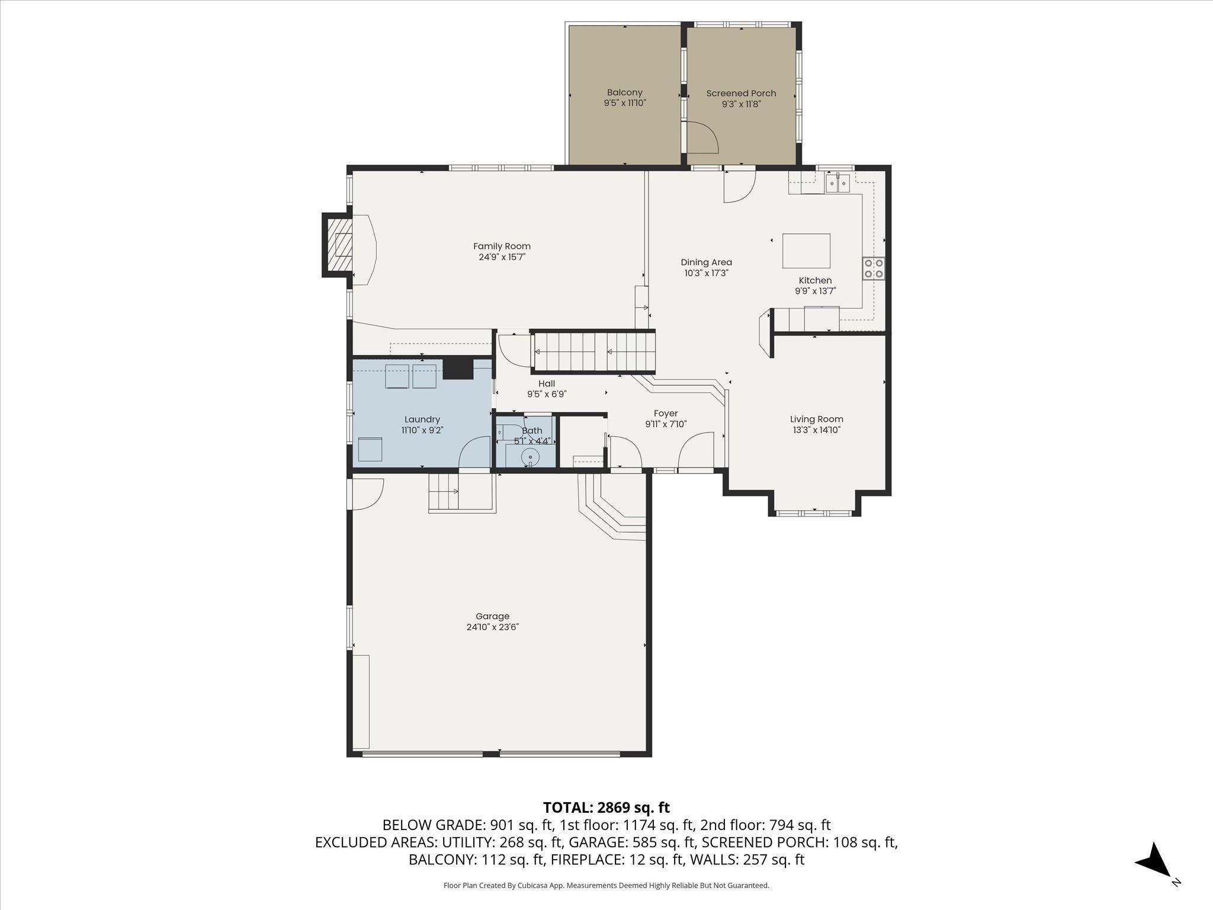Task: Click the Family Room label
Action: click(x=502, y=246)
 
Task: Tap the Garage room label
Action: click(x=492, y=616)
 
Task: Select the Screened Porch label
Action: click(x=741, y=94)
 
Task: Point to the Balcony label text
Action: click(x=625, y=93)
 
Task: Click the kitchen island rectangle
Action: click(x=806, y=251)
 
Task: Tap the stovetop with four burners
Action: click(x=874, y=268)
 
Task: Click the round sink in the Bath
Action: click(x=530, y=457)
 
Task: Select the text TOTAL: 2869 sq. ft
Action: click(x=606, y=808)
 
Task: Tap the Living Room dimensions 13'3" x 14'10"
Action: click(x=816, y=430)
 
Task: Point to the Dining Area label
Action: click(x=706, y=262)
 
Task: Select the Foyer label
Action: click(x=666, y=414)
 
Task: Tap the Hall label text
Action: click(x=547, y=384)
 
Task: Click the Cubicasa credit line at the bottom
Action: click(x=606, y=886)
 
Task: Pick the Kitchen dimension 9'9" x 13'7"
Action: click(x=816, y=291)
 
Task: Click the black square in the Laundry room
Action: click(x=458, y=369)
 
